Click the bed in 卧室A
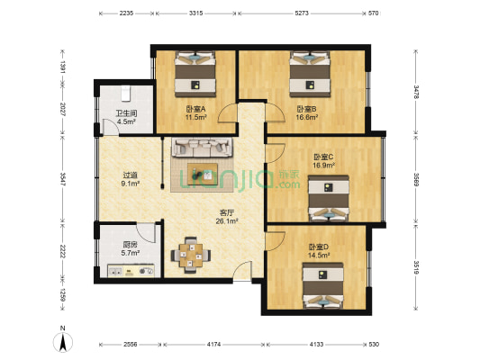(x=195, y=75)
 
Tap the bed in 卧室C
(x=326, y=197)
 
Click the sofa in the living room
(x=203, y=148)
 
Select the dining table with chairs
(x=190, y=256)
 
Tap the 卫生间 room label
(x=125, y=113)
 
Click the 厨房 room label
(x=129, y=244)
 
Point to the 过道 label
(x=131, y=176)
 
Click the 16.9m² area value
(x=323, y=166)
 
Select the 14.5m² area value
(x=318, y=256)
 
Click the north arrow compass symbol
(x=62, y=341)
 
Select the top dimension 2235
(x=126, y=13)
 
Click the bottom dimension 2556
(x=131, y=345)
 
